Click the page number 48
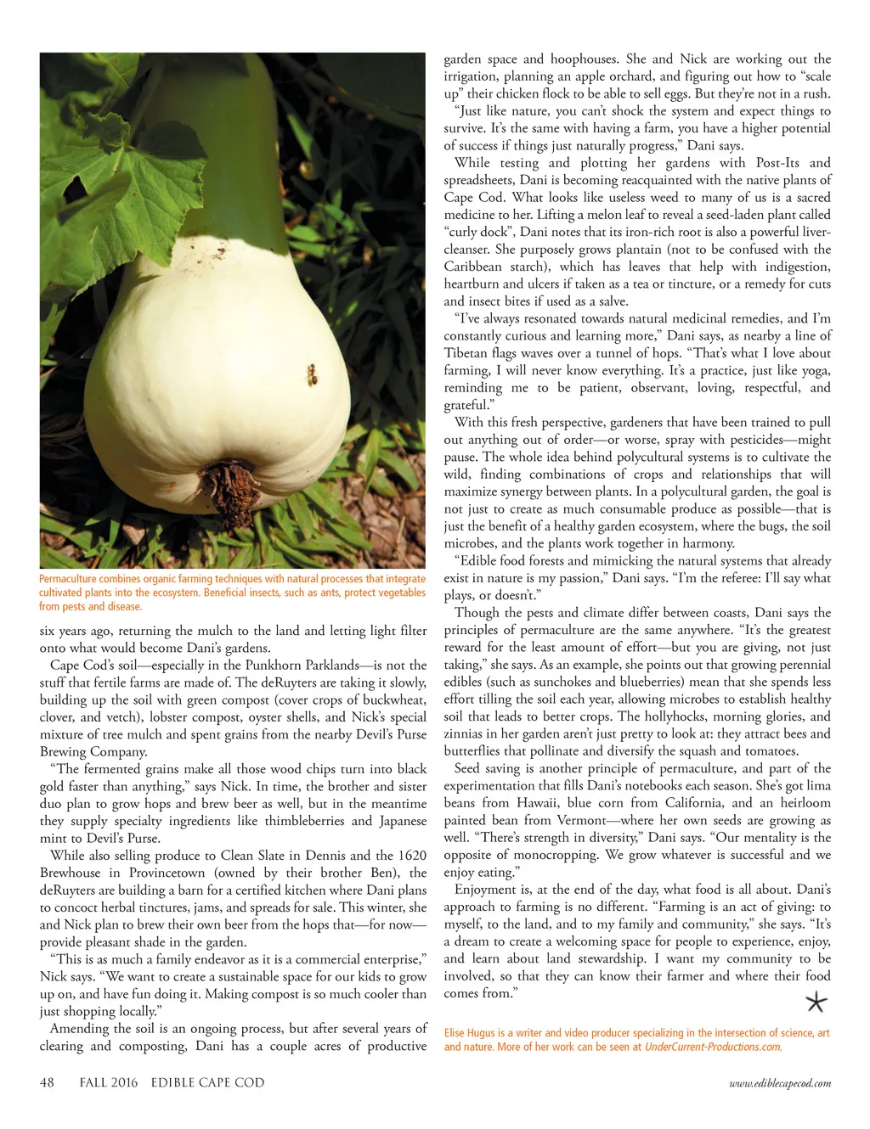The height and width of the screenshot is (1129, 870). [47, 1083]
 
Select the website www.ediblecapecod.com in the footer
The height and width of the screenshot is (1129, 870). [780, 1083]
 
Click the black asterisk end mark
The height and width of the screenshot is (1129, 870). [816, 1003]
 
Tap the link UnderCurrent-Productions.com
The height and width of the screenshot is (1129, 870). [712, 1048]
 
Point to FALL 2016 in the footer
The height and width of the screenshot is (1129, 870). [108, 1083]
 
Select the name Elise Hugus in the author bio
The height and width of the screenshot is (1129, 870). [470, 1033]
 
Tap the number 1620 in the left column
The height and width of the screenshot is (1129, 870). [412, 856]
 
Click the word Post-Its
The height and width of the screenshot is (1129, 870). [777, 163]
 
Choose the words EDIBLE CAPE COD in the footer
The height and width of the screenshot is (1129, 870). [207, 1083]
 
